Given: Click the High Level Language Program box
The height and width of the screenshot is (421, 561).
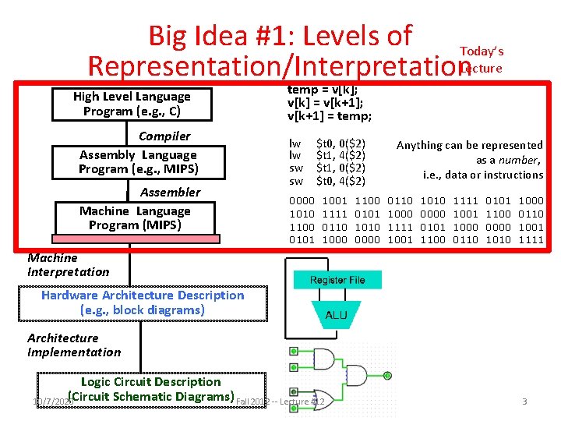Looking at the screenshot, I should pyautogui.click(x=131, y=104).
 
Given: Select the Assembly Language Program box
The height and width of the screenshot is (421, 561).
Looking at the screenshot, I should pyautogui.click(x=138, y=162).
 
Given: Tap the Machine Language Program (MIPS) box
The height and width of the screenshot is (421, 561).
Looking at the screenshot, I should pyautogui.click(x=134, y=218).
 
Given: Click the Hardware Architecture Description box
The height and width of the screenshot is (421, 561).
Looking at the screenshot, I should pyautogui.click(x=142, y=302).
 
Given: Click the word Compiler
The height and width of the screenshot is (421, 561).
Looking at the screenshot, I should pyautogui.click(x=164, y=136).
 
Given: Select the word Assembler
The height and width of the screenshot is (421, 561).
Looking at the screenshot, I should pyautogui.click(x=170, y=192).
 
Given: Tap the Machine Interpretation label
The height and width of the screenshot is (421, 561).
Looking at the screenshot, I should pyautogui.click(x=68, y=264).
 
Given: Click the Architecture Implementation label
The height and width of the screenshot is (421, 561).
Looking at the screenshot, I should pyautogui.click(x=73, y=345).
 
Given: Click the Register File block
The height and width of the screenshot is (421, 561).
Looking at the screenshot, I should pyautogui.click(x=337, y=280).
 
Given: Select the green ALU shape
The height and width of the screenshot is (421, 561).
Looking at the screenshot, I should pyautogui.click(x=337, y=316).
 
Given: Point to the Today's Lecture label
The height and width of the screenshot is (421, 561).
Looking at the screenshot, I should pyautogui.click(x=482, y=59).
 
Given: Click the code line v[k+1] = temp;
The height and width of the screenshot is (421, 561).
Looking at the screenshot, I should pyautogui.click(x=330, y=116).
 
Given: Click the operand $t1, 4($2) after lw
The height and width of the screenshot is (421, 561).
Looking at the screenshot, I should pyautogui.click(x=340, y=156).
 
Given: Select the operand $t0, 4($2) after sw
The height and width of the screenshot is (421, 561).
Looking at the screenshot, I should pyautogui.click(x=340, y=181).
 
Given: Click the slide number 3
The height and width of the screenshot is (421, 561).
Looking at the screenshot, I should pyautogui.click(x=524, y=402).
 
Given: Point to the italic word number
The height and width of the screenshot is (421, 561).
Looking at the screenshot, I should pyautogui.click(x=520, y=160).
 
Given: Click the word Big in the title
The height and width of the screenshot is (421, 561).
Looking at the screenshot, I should pyautogui.click(x=172, y=36).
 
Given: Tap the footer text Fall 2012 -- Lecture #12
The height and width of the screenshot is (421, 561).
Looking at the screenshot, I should pyautogui.click(x=279, y=402).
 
